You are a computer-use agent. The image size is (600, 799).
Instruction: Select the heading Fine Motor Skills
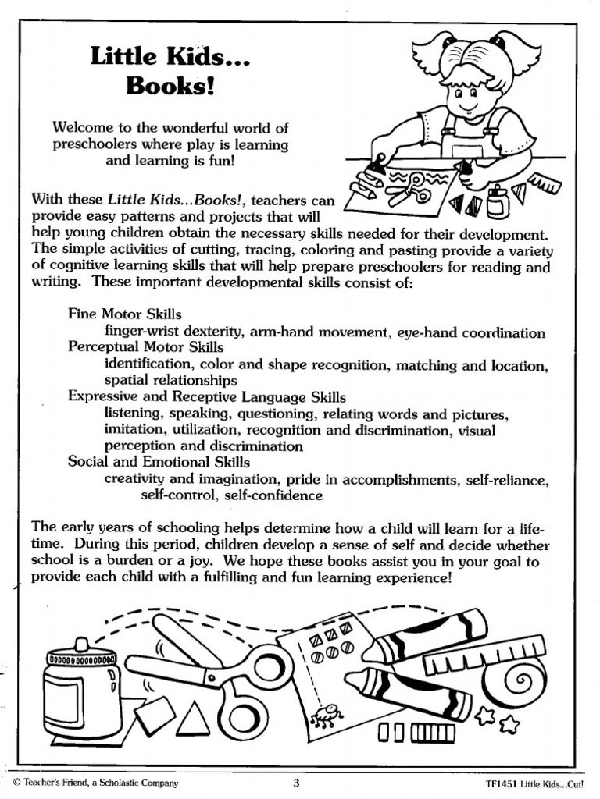point(125,314)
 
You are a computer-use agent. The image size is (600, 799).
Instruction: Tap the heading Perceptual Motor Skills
point(145,347)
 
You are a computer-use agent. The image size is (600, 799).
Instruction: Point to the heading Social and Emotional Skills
point(159,462)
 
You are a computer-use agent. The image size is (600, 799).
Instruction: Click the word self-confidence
point(273,495)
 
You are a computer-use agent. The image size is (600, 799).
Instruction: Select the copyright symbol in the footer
point(16,783)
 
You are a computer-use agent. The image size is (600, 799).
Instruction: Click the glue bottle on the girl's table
point(498,201)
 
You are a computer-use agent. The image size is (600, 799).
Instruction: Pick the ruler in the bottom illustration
point(484,654)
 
